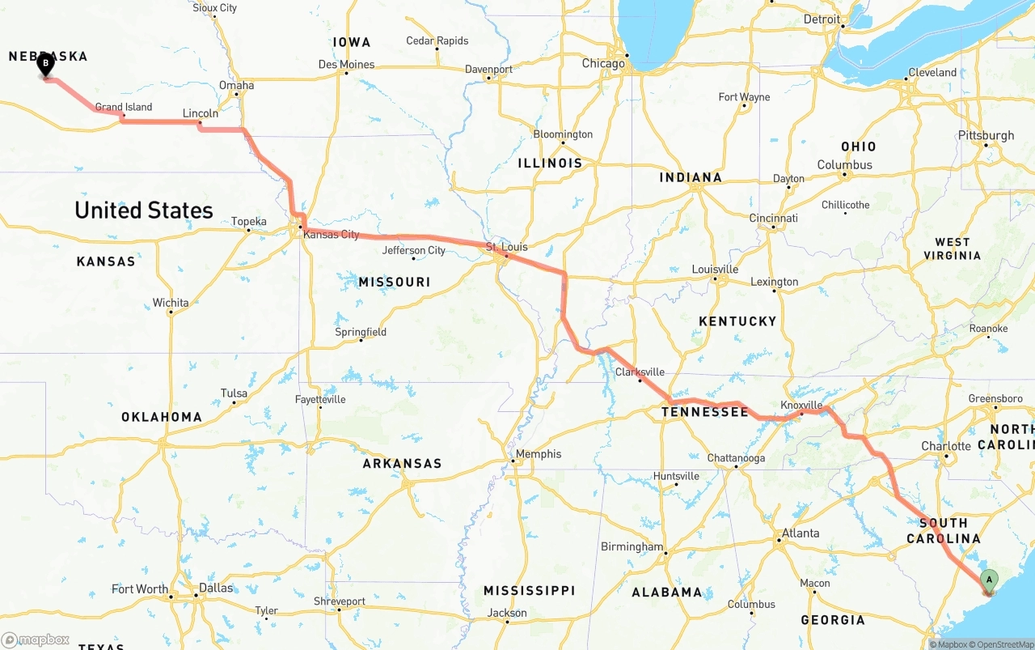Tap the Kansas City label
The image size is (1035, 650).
tap(331, 235)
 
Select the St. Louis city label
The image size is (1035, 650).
tap(506, 246)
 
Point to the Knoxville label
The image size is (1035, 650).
tap(801, 405)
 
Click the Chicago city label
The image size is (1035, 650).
tap(603, 63)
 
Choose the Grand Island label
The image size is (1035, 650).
tap(124, 107)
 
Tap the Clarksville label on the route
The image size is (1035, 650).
tap(640, 372)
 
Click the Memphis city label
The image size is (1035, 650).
tap(539, 454)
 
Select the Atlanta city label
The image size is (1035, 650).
tap(800, 533)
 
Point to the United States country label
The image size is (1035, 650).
tap(144, 210)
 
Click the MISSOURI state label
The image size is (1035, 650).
tap(395, 282)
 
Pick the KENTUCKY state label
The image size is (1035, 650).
tap(737, 321)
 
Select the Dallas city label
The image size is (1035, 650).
tap(216, 588)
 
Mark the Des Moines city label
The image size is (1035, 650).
tap(346, 64)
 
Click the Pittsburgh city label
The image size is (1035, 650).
tap(986, 135)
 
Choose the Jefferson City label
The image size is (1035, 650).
tap(414, 250)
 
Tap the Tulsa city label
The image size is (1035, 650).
tap(234, 393)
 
